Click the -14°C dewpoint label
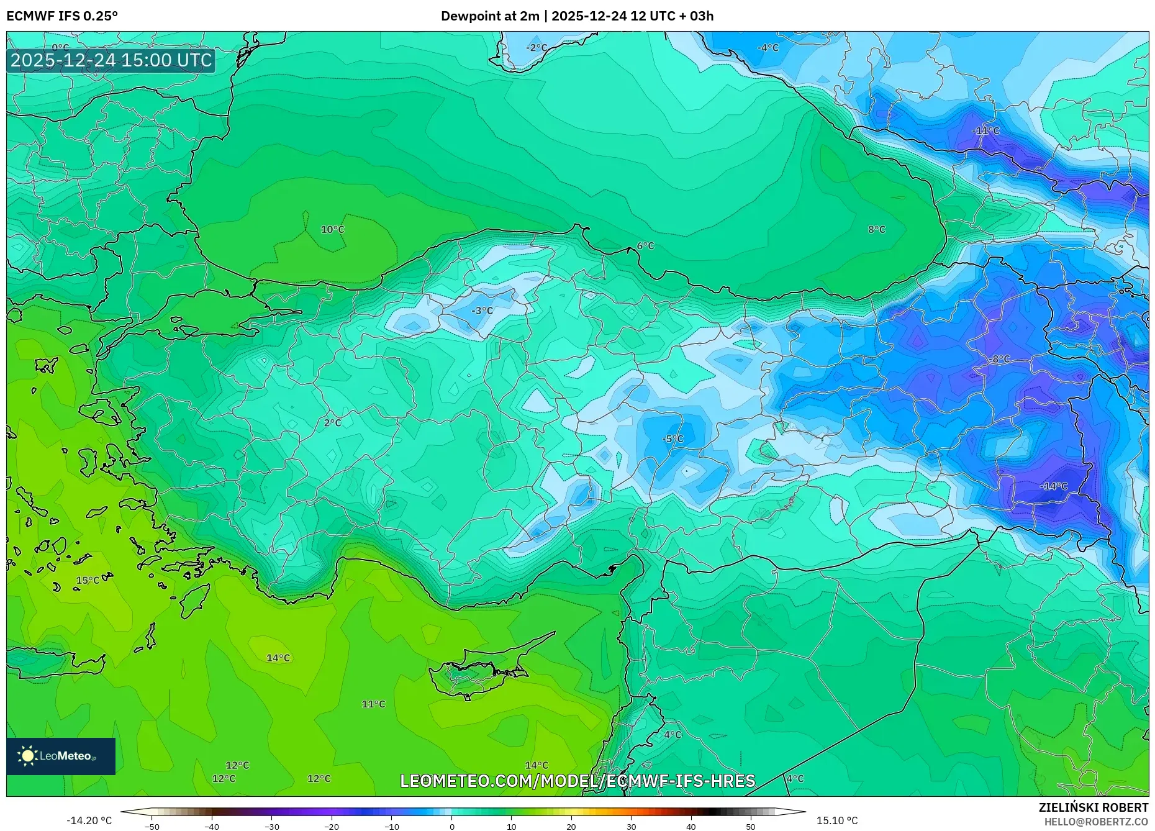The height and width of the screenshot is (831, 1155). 1054,486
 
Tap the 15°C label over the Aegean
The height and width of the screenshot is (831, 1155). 88,581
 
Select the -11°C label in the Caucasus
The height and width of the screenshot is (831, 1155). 985,131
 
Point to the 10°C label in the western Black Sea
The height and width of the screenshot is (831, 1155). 332,230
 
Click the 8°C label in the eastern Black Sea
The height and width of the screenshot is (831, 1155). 876,230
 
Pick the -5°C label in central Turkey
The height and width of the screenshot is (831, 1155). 673,439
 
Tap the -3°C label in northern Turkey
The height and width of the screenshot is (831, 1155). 482,311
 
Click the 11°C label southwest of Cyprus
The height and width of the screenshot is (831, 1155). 373,704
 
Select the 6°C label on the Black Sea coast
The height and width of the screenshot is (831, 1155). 645,246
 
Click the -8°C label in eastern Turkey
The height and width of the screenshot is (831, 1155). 1000,359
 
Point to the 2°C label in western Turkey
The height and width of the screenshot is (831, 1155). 332,423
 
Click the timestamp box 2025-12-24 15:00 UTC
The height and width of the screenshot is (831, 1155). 111,61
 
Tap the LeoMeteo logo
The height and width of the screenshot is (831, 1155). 60,756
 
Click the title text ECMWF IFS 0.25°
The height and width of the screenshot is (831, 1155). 62,16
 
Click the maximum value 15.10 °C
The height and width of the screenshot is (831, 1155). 836,820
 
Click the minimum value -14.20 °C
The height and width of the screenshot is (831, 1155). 89,820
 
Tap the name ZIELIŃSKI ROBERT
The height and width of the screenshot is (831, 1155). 1093,807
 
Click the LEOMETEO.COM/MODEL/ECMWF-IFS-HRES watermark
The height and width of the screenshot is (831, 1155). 577,781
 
